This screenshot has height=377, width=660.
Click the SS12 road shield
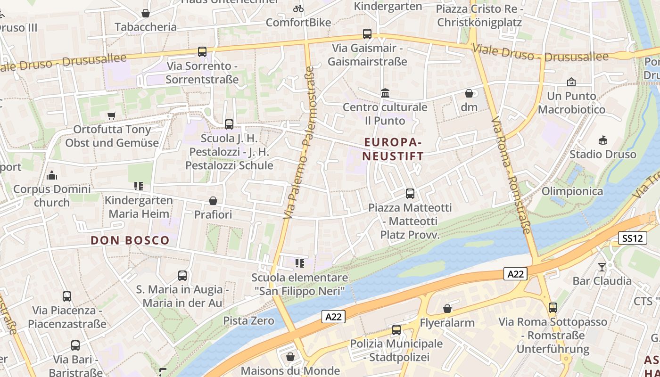(x=632, y=238)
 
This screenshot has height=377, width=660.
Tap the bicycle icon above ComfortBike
(x=298, y=8)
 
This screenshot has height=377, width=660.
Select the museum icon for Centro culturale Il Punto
(x=385, y=93)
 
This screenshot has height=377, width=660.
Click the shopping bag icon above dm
(x=469, y=93)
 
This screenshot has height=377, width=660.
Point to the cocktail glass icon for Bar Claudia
(x=602, y=267)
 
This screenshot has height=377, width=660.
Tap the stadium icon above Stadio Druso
(x=602, y=140)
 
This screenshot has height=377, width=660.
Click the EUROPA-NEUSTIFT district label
(x=394, y=148)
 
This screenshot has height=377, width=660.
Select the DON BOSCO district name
(x=130, y=240)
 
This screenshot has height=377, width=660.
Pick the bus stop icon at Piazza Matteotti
(x=410, y=193)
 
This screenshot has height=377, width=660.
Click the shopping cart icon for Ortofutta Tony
(x=112, y=115)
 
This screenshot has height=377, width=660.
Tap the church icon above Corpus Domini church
(x=52, y=175)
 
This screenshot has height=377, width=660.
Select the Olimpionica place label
(x=572, y=191)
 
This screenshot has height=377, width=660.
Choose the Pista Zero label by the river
(x=248, y=321)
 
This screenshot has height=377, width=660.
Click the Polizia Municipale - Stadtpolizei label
(x=396, y=350)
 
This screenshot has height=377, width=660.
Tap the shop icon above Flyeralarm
(x=447, y=309)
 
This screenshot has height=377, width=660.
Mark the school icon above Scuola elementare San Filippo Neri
(x=299, y=263)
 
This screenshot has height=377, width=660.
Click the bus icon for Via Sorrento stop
(x=202, y=52)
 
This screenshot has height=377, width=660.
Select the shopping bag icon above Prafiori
(x=213, y=201)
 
